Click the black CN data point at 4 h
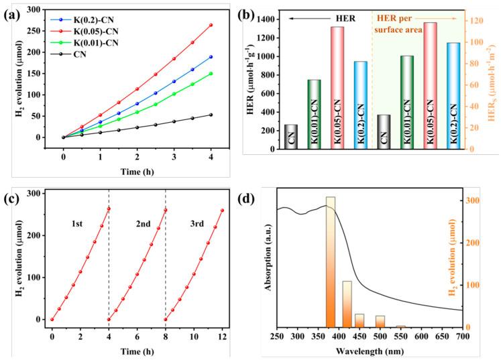(211, 115)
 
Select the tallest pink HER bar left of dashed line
(337, 87)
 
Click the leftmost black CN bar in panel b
(290, 136)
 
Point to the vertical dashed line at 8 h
(166, 255)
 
